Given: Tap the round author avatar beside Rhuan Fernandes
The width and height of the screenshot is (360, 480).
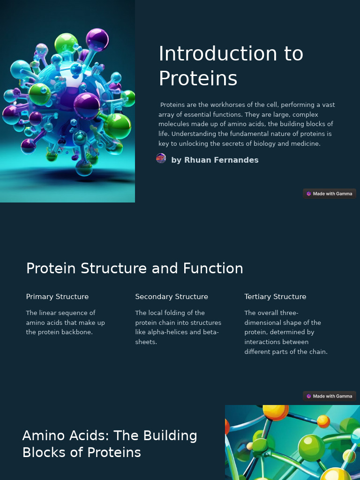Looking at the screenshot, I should click(x=161, y=158).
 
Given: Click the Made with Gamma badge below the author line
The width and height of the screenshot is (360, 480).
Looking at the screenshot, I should click(x=330, y=194).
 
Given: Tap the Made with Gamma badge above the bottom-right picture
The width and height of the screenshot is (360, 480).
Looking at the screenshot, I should click(x=330, y=396).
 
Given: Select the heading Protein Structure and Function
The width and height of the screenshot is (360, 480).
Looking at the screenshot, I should click(x=135, y=269).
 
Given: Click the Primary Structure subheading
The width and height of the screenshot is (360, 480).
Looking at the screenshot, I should click(x=57, y=297).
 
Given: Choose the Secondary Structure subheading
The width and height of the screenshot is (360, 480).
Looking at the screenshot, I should click(x=172, y=297).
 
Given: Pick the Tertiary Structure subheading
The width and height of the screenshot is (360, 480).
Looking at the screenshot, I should click(x=275, y=297).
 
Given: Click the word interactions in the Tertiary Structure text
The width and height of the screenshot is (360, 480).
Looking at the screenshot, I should click(x=264, y=342).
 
